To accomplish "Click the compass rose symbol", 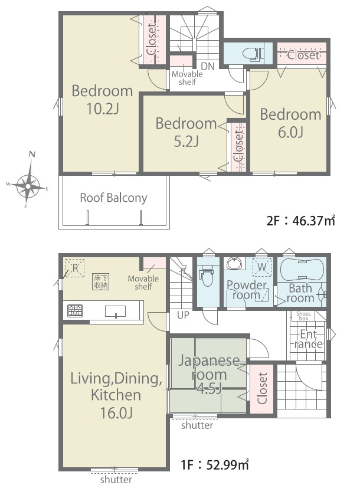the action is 28,186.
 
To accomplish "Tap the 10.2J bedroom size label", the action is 102,109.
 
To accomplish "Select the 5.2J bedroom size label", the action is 186,142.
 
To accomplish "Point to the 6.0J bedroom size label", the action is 290,132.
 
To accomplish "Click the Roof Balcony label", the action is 113,198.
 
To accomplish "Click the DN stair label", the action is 208,66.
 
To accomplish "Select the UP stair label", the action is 183,315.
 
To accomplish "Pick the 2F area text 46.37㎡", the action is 300,221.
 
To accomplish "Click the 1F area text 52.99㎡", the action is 215,465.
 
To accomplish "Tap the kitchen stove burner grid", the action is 75,311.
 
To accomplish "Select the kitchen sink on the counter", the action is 115,312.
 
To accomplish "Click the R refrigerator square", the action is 75,268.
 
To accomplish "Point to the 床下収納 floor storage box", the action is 101,281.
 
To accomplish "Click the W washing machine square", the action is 262,267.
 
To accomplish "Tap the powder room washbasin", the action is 234,263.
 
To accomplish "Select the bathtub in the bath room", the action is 302,270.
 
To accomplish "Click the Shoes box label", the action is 303,316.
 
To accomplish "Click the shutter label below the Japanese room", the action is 197,425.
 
